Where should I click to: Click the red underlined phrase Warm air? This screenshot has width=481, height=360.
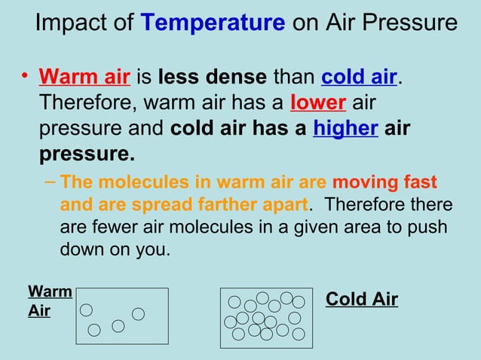85,78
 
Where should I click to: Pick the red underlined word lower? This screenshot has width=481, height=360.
318,103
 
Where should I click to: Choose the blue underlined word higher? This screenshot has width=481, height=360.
345,129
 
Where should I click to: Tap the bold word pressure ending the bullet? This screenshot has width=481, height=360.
87,154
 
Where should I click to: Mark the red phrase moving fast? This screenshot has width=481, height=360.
384,183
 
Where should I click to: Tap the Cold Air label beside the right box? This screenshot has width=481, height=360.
361,299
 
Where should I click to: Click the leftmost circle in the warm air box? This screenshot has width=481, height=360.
87,310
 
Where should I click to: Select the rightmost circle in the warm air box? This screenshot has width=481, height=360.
138,313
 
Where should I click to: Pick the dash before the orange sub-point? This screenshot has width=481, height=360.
50,183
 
